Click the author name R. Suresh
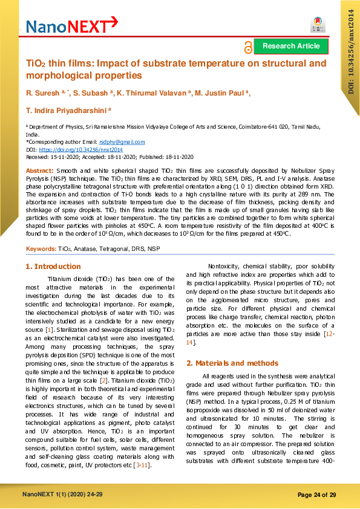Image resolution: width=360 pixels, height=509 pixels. pyautogui.click(x=44, y=92)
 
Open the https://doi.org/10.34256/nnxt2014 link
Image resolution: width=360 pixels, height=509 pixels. pyautogui.click(x=80, y=149)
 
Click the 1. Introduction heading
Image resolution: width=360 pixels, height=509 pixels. pyautogui.click(x=53, y=267)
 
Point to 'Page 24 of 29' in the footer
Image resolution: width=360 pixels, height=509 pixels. pyautogui.click(x=317, y=495)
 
